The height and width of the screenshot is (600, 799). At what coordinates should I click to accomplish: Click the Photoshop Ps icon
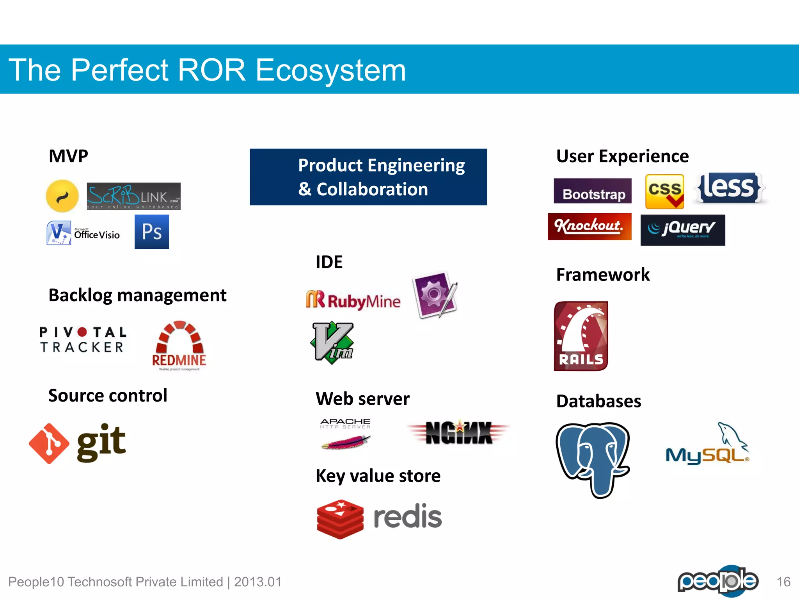152,232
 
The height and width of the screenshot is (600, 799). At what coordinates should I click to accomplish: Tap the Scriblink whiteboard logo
133,196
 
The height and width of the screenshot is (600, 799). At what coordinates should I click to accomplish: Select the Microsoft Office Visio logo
83,233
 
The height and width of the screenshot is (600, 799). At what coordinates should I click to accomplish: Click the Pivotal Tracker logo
83,339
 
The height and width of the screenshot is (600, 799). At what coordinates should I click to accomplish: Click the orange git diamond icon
49,443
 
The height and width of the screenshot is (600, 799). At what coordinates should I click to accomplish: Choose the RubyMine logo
353,301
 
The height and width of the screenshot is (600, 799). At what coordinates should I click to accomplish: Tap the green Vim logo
333,343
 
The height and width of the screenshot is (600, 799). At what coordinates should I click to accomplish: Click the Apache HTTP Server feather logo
346,434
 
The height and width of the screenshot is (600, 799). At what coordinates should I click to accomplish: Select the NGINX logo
458,433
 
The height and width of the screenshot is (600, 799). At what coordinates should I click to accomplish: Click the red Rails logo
581,336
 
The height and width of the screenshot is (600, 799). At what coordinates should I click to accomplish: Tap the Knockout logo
589,227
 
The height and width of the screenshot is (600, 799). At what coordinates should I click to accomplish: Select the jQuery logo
683,230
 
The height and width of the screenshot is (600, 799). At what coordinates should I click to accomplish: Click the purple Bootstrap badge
592,191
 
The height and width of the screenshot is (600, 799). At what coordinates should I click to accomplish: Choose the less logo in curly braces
729,188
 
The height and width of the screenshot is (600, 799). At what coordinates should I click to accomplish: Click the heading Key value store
378,476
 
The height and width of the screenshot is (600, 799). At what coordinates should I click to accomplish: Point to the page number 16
783,582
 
